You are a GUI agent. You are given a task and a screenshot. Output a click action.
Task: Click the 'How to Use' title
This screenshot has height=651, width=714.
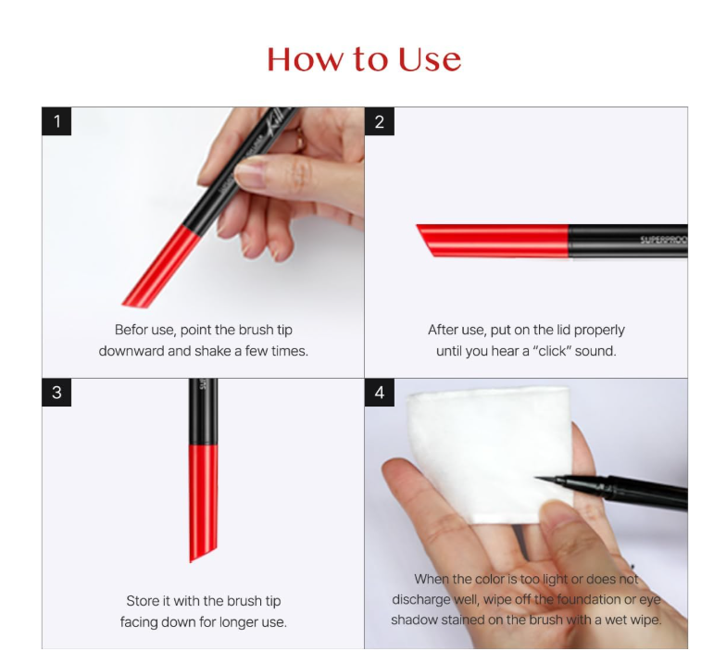pyautogui.click(x=363, y=59)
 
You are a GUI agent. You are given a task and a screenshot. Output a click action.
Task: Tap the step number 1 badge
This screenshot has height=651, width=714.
pyautogui.click(x=56, y=121)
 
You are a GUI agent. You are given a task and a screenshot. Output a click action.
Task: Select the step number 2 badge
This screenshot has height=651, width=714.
pyautogui.click(x=379, y=121)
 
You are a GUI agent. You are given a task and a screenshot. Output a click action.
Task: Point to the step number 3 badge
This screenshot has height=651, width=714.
pyautogui.click(x=56, y=393)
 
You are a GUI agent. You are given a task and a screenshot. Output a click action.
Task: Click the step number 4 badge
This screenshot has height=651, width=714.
pyautogui.click(x=379, y=393)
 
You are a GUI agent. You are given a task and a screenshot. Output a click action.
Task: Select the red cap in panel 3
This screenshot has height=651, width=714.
pyautogui.click(x=203, y=500)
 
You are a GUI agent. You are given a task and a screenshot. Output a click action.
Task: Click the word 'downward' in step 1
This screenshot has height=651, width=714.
pyautogui.click(x=132, y=351)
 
